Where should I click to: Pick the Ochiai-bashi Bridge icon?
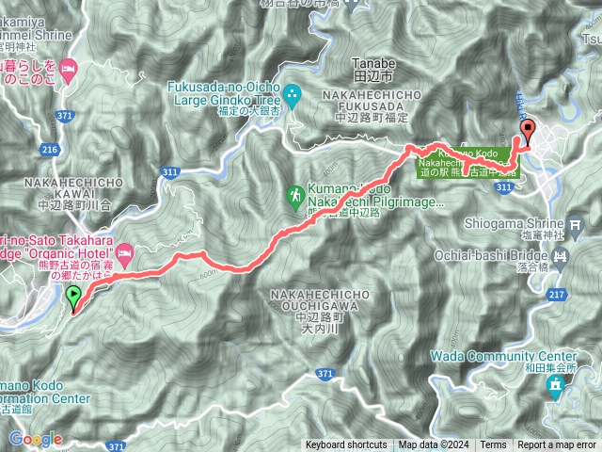pos(562,254)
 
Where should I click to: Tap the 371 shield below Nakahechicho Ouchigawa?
pos(325,375)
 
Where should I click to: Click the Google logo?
pos(35,439)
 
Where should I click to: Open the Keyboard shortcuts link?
pos(345,444)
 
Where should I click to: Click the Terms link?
pos(492,444)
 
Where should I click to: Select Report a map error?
pos(556,444)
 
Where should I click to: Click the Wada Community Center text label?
pos(502,356)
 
